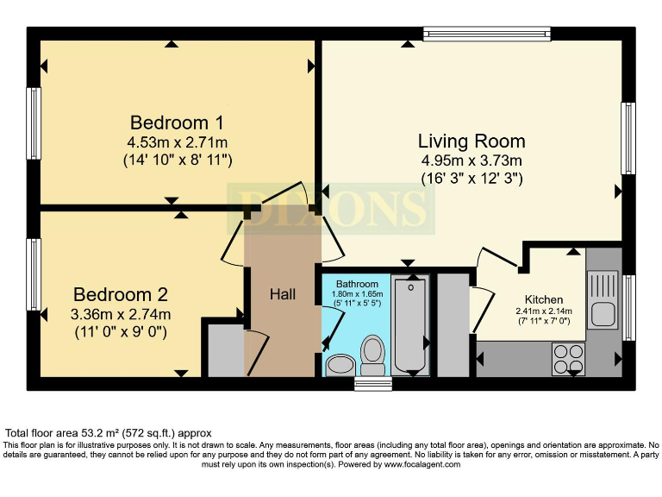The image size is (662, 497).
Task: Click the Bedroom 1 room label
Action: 177,123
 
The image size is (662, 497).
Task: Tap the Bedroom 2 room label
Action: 121,294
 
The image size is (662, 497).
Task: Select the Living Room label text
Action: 472,142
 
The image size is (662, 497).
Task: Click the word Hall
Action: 283,294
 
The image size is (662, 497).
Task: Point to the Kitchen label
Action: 544,299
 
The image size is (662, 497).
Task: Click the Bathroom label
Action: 357,284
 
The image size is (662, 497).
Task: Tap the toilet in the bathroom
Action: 372,355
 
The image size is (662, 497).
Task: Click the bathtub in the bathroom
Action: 410,324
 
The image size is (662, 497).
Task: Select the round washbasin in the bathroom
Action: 340,365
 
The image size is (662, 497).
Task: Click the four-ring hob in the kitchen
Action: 568,359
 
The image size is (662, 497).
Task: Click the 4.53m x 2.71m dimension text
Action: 178,142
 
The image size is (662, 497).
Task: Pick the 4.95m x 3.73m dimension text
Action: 472,160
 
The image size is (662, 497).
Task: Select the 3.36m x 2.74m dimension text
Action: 121,314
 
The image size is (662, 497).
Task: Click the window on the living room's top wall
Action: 487,34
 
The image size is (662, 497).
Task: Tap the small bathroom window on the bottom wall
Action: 373,384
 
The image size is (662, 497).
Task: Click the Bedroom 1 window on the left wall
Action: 34,123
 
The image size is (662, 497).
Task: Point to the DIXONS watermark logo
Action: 331,209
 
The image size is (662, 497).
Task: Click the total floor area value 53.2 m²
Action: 99,433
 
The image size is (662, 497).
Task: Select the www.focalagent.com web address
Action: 422,464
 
